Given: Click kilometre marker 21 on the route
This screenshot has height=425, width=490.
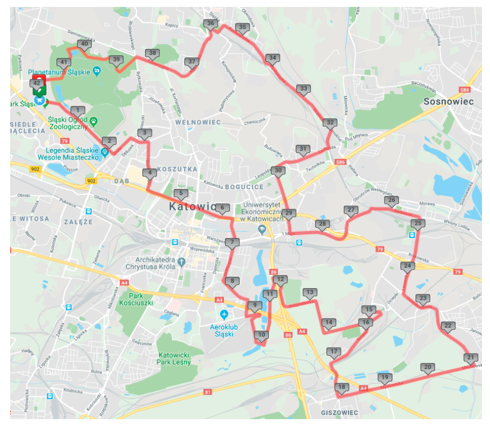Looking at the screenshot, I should click(x=470, y=358).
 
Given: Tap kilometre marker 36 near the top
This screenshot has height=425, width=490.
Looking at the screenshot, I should click(x=211, y=23).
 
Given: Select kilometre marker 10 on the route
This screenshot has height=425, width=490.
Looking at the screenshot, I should click(x=261, y=335).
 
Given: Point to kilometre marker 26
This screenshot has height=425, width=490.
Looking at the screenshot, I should click(x=391, y=201).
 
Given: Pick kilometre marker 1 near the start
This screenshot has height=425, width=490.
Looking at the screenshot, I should click(x=78, y=111).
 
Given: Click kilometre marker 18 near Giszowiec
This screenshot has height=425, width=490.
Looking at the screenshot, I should click(x=342, y=387).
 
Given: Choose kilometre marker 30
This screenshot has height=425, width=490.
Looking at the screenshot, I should click(x=278, y=171).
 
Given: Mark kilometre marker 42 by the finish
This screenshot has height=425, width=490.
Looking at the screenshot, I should click(x=37, y=83).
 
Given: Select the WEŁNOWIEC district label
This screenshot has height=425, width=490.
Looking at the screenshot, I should click(x=198, y=122).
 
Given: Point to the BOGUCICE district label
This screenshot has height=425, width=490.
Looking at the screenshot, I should click(x=244, y=187).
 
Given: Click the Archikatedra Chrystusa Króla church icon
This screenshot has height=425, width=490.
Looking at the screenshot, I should click(x=181, y=261).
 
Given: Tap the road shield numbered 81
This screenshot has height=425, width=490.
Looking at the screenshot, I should click(x=208, y=393).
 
